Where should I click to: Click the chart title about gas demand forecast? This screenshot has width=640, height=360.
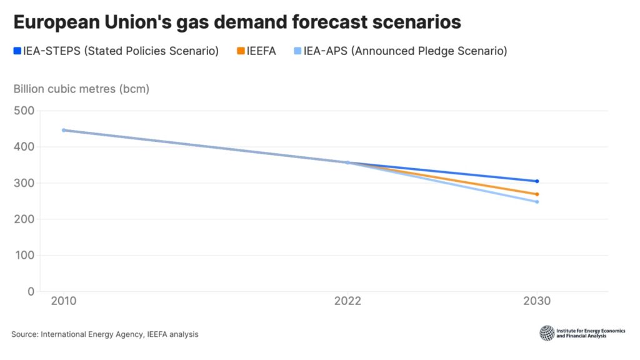[x=237, y=22]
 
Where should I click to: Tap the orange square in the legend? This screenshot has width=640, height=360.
[x=239, y=51]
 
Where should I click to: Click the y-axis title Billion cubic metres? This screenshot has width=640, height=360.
[x=81, y=89]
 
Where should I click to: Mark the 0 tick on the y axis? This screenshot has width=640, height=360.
[x=30, y=291]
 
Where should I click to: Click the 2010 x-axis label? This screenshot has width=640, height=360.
[x=64, y=301]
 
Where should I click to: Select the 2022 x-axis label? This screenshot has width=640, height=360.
[x=347, y=301]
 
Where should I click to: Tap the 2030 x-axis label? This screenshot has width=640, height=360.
[x=537, y=301]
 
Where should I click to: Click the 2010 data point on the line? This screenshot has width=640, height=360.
[x=64, y=130]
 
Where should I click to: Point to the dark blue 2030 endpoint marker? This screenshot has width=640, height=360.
[x=537, y=181]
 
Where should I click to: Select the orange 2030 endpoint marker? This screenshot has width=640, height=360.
[x=537, y=194]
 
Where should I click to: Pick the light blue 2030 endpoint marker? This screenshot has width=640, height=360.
[x=537, y=202]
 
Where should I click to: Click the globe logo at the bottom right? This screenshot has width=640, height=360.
[x=547, y=333]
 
